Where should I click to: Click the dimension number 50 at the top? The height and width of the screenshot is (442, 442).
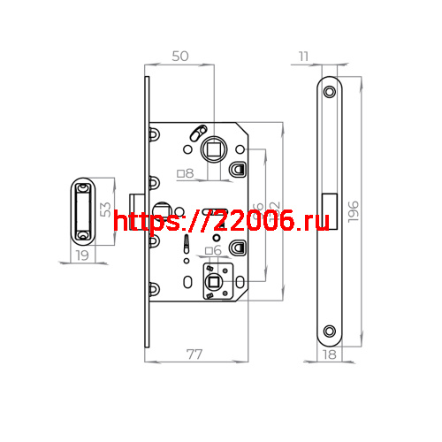[180, 56]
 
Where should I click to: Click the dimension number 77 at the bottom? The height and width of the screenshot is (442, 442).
[194, 354]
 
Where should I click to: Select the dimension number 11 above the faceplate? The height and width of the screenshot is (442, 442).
[305, 57]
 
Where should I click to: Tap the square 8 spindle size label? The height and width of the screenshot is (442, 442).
[186, 173]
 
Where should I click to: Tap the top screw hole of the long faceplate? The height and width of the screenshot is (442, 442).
[330, 91]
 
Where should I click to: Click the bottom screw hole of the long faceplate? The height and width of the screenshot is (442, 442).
[329, 331]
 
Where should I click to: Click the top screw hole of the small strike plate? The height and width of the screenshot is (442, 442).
[83, 187]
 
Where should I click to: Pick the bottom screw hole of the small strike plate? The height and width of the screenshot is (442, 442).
[82, 235]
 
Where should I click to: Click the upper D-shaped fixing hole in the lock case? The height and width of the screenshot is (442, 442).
[237, 168]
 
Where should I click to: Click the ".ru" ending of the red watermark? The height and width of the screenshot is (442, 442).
[309, 224]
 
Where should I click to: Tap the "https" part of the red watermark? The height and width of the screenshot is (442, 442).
[144, 224]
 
